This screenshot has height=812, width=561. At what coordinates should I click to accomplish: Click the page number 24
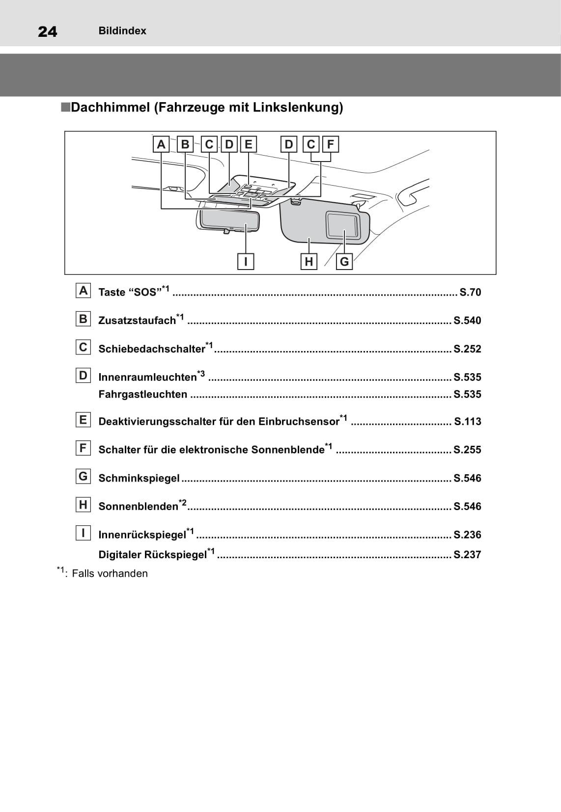click(x=48, y=32)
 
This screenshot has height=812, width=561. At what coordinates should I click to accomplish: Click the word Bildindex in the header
click(x=122, y=31)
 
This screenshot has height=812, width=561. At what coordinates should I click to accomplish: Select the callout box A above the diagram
click(x=161, y=144)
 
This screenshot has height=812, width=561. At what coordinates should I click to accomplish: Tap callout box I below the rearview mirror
click(x=245, y=261)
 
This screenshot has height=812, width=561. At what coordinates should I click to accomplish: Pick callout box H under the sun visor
click(x=309, y=261)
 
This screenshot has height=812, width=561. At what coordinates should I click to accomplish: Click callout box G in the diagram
click(x=344, y=261)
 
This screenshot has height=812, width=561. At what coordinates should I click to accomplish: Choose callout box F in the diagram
click(x=331, y=144)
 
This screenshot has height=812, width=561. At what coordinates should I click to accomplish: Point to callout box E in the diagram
click(x=249, y=144)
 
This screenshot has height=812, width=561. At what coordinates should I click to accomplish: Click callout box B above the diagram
click(x=185, y=144)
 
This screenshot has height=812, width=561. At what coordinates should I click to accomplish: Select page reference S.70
click(x=470, y=293)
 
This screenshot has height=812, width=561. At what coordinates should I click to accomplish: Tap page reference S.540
click(x=467, y=321)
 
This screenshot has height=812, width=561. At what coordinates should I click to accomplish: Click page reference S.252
click(x=467, y=349)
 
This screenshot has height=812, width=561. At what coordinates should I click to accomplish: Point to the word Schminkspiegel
click(x=139, y=478)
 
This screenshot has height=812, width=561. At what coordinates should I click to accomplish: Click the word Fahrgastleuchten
click(x=143, y=394)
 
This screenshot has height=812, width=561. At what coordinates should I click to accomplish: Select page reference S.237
click(x=467, y=555)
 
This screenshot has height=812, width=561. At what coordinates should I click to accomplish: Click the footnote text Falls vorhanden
click(x=110, y=573)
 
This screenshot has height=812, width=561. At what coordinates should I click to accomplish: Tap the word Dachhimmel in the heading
click(x=110, y=108)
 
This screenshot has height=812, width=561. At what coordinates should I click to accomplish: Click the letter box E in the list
click(x=83, y=420)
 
